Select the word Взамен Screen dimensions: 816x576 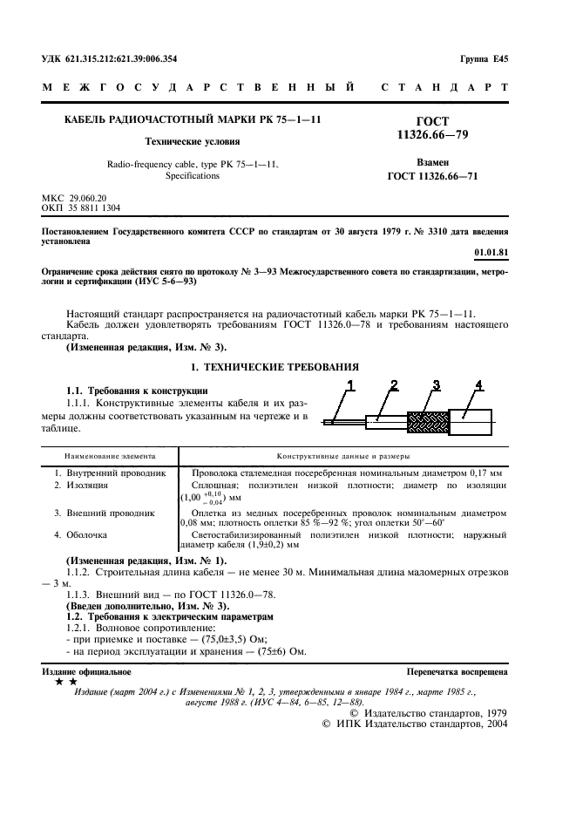(432, 162)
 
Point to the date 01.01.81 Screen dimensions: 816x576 (491, 253)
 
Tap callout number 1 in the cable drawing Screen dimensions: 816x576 (352, 384)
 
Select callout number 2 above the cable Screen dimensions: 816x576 (393, 384)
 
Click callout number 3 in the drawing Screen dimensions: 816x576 (436, 384)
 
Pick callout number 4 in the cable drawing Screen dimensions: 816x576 (478, 384)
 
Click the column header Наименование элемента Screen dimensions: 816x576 (110, 455)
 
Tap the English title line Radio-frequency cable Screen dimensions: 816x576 (193, 164)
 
